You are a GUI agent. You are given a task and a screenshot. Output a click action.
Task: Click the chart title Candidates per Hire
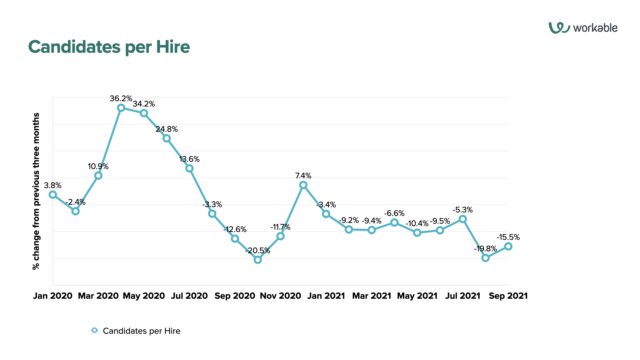click(109, 47)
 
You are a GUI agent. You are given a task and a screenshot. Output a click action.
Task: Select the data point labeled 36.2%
click(121, 108)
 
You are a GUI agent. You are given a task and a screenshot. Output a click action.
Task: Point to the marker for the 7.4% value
click(302, 185)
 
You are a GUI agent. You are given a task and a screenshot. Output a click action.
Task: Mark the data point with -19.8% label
click(485, 258)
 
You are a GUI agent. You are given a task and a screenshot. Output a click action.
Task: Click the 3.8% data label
click(53, 185)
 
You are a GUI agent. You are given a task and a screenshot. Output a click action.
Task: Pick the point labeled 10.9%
click(98, 175)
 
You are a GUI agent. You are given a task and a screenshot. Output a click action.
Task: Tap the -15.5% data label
click(507, 237)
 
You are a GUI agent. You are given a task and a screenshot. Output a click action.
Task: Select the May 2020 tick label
click(143, 296)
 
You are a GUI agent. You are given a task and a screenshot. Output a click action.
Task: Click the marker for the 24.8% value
click(166, 138)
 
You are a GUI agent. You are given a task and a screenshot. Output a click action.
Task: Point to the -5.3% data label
click(462, 210)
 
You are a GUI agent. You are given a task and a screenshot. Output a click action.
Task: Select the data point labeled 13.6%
click(189, 168)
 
